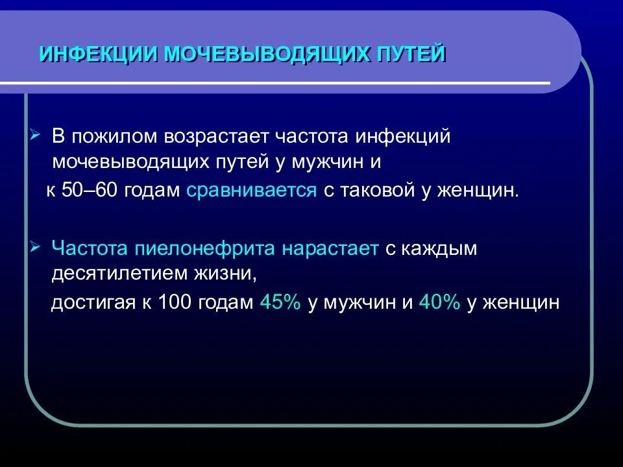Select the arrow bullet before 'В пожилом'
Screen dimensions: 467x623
[x=35, y=135]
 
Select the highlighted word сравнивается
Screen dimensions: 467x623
[x=252, y=191]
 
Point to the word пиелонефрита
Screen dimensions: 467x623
[x=201, y=249]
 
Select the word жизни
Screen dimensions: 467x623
[x=230, y=273]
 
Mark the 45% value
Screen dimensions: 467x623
[x=280, y=303]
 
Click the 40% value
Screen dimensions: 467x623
[x=439, y=303]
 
